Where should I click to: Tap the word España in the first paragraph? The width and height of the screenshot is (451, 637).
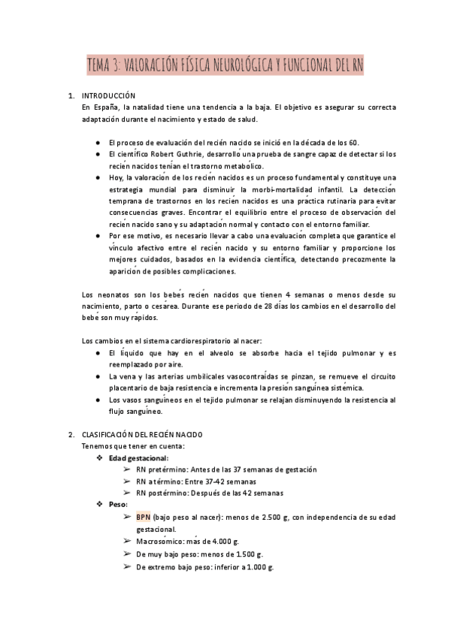pos(105,108)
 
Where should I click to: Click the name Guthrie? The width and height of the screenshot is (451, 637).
pos(191,154)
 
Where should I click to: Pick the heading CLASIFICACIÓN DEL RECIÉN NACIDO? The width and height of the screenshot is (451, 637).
pos(142,435)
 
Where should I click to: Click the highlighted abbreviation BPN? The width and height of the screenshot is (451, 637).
pos(144,518)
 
